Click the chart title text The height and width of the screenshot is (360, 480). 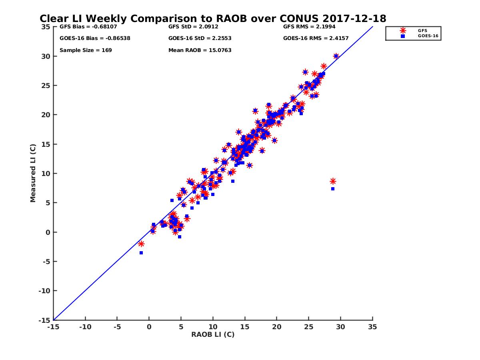coord(213,18)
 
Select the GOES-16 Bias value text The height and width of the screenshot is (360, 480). coord(95,38)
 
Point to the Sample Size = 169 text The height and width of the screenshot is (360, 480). coord(86,50)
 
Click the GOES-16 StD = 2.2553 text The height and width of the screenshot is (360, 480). coord(200,38)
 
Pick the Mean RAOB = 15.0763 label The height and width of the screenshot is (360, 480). coord(200,50)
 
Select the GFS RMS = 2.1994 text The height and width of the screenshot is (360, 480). coord(309,27)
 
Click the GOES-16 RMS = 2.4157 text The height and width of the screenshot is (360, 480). coord(316,38)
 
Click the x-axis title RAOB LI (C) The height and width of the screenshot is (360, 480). coord(213,334)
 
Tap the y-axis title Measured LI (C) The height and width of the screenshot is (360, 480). coord(33,173)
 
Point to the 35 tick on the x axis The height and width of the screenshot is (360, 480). coord(372,327)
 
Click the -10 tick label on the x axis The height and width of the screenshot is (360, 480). coord(85,327)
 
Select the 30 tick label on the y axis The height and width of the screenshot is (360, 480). coord(46,56)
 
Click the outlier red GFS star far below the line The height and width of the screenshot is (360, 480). coord(333,181)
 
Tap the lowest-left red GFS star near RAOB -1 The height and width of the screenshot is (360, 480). coord(141,244)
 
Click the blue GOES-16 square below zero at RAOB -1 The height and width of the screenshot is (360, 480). coord(141,253)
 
